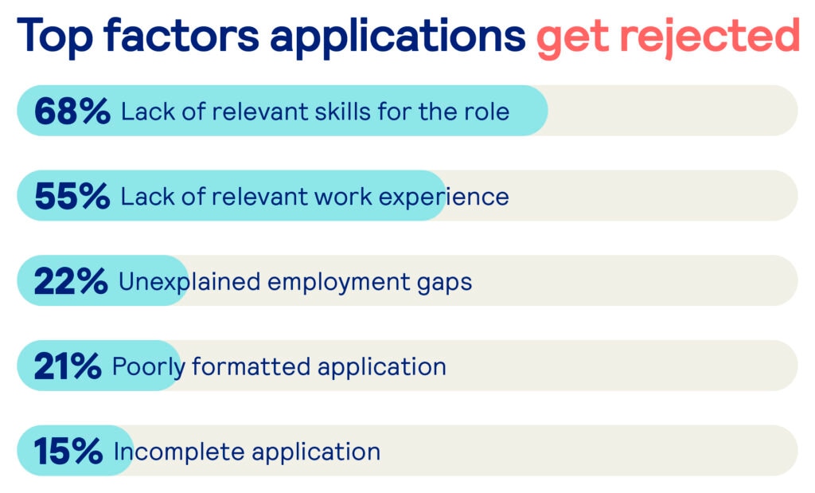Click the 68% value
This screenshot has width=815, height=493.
(x=72, y=112)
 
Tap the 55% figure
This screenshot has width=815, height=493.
(x=72, y=196)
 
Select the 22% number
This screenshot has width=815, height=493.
(x=71, y=281)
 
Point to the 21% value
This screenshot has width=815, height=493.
(x=68, y=366)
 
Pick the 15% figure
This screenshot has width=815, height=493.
(x=68, y=451)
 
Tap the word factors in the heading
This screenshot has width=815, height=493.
(x=181, y=35)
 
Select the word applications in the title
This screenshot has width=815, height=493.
(x=398, y=37)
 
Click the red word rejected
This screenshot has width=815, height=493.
(x=709, y=37)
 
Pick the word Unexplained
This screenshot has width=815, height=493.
(x=189, y=283)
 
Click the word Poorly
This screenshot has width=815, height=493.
(x=149, y=368)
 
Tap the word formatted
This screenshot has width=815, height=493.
(x=252, y=366)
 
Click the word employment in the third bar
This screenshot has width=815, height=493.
(x=339, y=283)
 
